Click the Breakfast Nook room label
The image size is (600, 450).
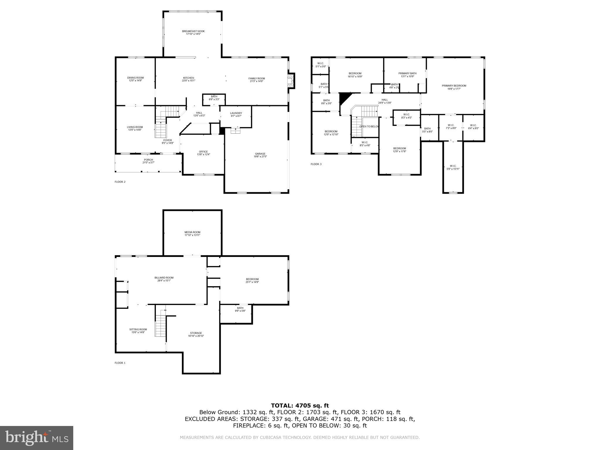193,31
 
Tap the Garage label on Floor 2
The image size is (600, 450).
260,154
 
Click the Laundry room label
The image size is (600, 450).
236,113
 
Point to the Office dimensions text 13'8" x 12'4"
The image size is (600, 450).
203,155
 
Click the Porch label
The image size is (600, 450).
148,160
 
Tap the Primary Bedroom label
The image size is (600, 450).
454,86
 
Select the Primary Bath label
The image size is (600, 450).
407,74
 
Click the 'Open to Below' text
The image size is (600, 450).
369,127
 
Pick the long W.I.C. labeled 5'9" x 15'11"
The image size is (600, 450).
453,167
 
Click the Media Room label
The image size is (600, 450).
192,232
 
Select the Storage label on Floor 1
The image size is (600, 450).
196,333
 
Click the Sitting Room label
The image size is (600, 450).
138,329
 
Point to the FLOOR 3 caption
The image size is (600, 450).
316,164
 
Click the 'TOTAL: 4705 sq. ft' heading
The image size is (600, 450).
300,405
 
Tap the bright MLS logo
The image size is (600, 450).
37,438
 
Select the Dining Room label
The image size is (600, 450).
135,78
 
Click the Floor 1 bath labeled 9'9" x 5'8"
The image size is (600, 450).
240,308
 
